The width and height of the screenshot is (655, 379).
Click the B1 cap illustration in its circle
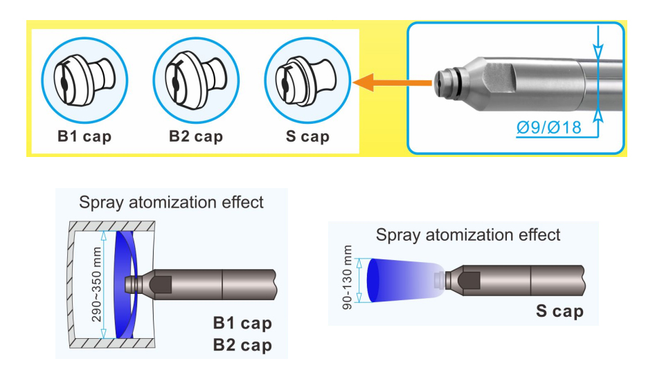84,80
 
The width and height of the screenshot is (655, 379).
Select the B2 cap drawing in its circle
196,80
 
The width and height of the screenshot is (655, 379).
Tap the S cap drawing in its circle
305,80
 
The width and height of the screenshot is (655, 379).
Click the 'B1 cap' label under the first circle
84,136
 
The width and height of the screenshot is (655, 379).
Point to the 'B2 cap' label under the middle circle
196,136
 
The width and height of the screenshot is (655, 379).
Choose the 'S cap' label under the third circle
307,136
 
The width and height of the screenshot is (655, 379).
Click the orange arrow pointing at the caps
392,82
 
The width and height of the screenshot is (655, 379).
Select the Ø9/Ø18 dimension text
548,127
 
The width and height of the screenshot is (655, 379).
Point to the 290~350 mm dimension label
96,284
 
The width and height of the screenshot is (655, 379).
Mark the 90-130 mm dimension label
347,277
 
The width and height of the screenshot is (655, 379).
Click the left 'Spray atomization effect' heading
171,203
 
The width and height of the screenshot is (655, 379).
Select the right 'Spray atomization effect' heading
468,235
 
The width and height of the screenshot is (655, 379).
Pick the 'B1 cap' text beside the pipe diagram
242,323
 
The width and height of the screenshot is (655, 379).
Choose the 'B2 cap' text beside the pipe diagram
242,345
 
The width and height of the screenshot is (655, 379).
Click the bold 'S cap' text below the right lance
559,311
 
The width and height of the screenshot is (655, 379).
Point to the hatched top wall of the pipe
112,226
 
